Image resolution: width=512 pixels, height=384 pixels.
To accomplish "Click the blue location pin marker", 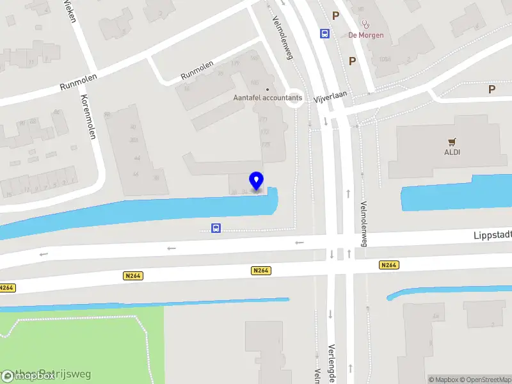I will click(256, 181).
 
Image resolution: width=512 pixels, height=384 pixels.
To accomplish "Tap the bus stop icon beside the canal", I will click(216, 228).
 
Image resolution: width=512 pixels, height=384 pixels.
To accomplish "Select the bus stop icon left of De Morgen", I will click(325, 34).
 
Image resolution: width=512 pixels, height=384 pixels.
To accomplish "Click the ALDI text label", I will click(452, 152).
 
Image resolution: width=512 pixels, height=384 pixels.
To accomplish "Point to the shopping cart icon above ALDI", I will click(452, 141).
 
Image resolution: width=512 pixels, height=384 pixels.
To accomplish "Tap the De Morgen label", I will click(365, 35).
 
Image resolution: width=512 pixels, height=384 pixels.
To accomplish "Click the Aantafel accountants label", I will click(267, 99).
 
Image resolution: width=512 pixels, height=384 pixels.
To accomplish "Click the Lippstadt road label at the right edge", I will click(492, 235).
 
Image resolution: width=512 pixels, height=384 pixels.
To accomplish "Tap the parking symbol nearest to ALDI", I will click(492, 90).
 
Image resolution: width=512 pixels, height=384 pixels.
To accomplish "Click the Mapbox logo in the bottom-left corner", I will click(28, 376).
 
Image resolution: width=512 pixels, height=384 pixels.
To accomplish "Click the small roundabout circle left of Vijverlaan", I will click(294, 98).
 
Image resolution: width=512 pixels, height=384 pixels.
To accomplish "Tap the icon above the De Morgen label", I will click(365, 24).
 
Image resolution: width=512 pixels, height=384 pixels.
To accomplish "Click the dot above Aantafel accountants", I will click(268, 90).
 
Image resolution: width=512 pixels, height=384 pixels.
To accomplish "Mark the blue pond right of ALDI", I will click(456, 193).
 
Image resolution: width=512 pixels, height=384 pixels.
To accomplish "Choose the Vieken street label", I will click(70, 10).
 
